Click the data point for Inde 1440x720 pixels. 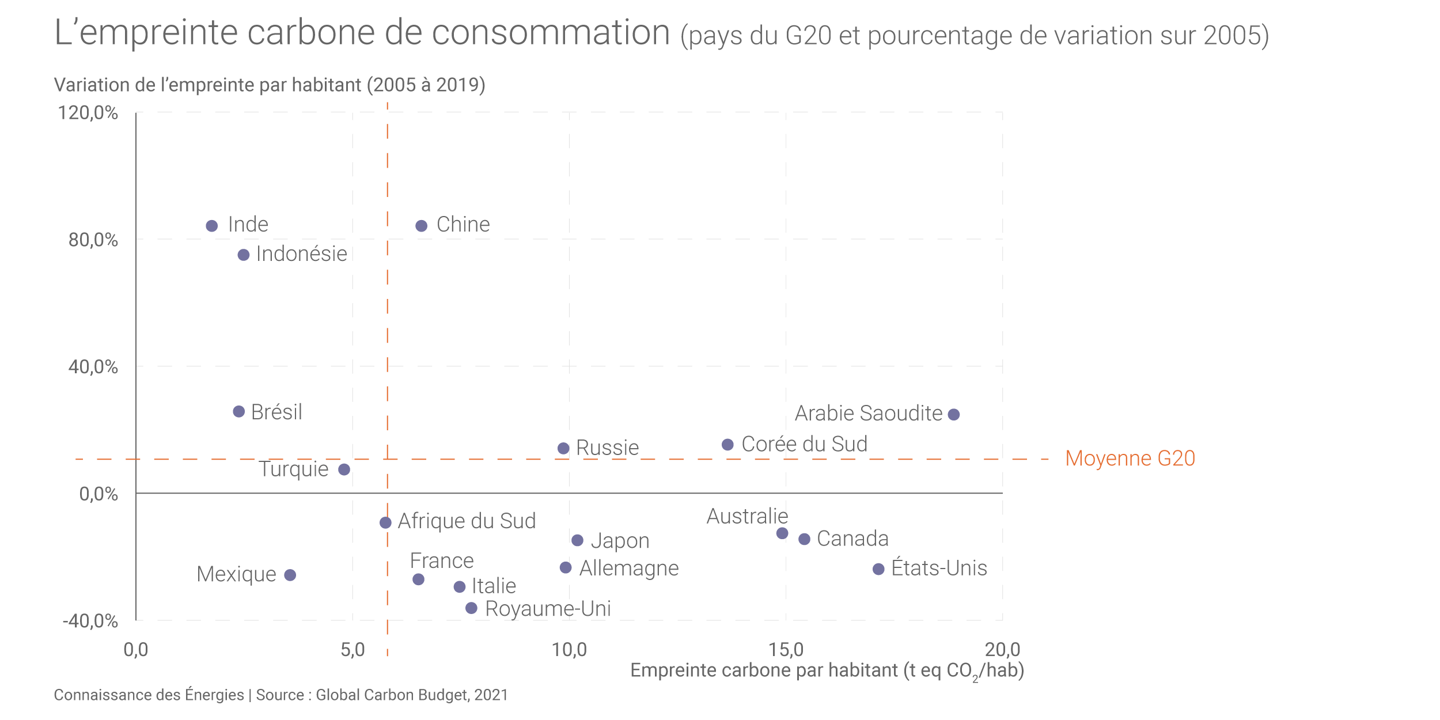(212, 226)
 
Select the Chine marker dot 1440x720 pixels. (422, 226)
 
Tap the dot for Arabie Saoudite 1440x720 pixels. (954, 414)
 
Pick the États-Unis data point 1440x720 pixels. (878, 569)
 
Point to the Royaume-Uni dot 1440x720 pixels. (471, 608)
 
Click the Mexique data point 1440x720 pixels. (290, 575)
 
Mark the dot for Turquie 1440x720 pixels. (344, 469)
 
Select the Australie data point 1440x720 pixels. (782, 533)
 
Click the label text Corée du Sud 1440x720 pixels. (804, 444)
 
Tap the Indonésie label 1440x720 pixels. (301, 254)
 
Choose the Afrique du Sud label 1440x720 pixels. (467, 521)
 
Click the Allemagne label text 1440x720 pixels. (629, 568)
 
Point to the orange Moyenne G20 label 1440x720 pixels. (1130, 458)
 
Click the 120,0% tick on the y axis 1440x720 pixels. (88, 112)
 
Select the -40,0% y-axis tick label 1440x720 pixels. (90, 621)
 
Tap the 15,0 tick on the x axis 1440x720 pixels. (786, 650)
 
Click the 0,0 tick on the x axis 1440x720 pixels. (136, 650)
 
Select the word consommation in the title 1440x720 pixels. (551, 32)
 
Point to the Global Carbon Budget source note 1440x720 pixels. (411, 695)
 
